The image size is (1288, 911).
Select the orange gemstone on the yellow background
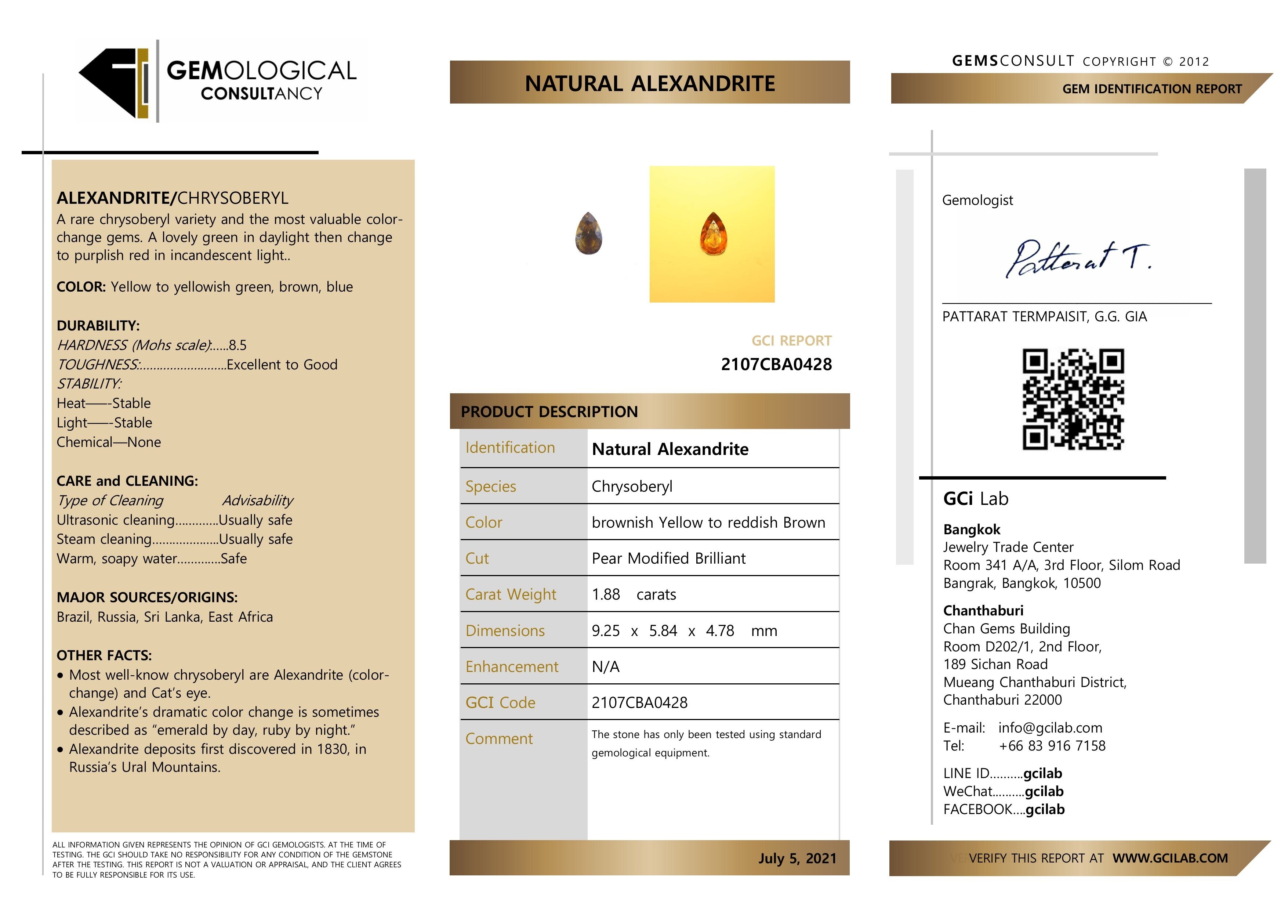(x=713, y=234)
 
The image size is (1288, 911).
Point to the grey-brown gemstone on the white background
(x=588, y=234)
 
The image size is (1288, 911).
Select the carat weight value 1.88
(x=606, y=594)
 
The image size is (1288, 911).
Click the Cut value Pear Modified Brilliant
(x=668, y=558)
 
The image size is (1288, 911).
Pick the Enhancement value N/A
(x=605, y=667)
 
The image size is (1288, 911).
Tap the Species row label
(x=490, y=487)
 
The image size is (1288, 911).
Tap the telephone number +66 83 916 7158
(x=1052, y=746)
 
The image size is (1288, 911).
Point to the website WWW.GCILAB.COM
(x=1170, y=858)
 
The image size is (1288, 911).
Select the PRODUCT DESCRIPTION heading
(x=549, y=412)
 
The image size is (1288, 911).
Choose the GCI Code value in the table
(x=639, y=703)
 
